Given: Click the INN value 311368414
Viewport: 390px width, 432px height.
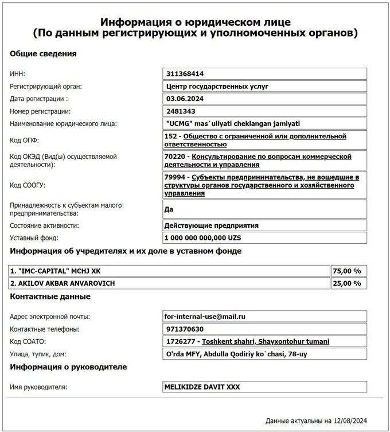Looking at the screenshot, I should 185,74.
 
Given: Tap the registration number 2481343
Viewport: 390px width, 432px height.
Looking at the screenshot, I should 180,111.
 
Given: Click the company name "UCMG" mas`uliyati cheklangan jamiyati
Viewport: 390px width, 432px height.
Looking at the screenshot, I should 232,123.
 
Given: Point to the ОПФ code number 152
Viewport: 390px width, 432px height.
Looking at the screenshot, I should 170,137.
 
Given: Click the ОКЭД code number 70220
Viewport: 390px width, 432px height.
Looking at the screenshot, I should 174,157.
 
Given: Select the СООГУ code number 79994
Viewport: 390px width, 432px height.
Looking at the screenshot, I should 174,177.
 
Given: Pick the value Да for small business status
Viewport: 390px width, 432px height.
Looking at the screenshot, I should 169,209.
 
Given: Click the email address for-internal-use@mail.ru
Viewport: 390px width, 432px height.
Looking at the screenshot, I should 205,317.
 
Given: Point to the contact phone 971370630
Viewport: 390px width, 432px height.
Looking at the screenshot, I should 185,329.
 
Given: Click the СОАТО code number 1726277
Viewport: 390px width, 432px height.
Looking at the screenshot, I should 178,341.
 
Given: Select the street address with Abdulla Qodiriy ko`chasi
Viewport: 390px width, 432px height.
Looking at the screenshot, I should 236,354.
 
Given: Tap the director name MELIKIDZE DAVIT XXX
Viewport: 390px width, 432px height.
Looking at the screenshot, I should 202,387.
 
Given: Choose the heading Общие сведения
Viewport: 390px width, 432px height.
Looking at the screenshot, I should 43,54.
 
